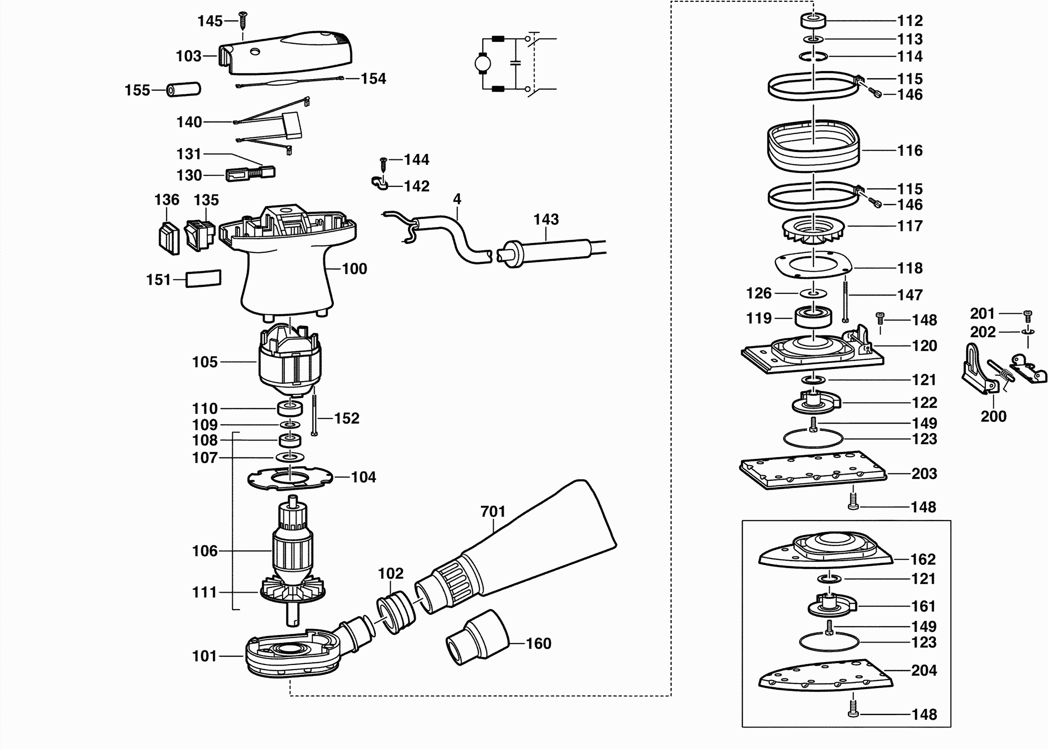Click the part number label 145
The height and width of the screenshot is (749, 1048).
[x=210, y=21]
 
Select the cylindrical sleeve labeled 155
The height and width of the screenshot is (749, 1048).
[x=184, y=89]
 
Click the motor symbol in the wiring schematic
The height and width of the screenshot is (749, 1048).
[x=483, y=63]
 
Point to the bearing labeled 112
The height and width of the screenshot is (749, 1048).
[x=813, y=21]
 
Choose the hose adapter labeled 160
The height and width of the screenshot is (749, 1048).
[x=477, y=637]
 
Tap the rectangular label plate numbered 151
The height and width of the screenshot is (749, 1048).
[x=203, y=278]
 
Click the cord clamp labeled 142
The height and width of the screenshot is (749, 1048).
[x=379, y=183]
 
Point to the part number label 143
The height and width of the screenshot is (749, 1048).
[x=546, y=219]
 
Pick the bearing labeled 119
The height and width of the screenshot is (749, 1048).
[x=813, y=317]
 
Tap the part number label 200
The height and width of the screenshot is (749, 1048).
[x=993, y=417]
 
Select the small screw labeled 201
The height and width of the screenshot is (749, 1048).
[x=1028, y=316]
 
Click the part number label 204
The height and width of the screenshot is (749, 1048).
[x=924, y=670]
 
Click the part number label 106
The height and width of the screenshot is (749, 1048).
[x=204, y=551]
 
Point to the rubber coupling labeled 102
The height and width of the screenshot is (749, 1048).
[x=396, y=612]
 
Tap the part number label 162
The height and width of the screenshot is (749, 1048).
[x=923, y=560]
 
